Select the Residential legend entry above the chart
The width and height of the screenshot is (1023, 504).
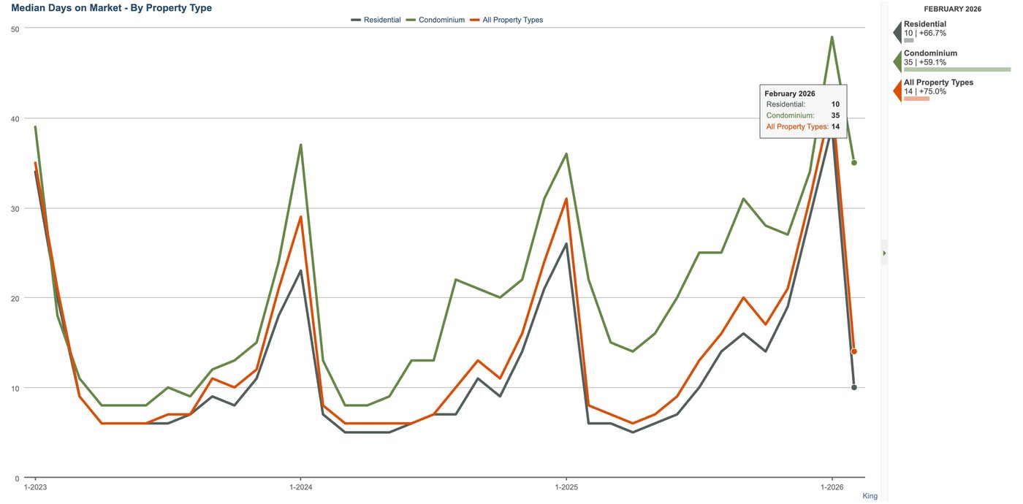click(x=376, y=20)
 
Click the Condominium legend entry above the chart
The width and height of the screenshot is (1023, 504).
click(x=436, y=20)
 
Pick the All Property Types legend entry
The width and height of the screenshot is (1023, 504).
click(x=506, y=20)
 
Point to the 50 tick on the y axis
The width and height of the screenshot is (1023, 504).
click(x=15, y=29)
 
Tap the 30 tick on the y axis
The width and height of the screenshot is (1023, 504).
click(x=15, y=209)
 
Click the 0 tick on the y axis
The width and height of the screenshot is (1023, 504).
click(x=17, y=478)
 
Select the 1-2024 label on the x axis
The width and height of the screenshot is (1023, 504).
click(x=301, y=487)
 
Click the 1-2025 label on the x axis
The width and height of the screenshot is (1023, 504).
click(x=566, y=487)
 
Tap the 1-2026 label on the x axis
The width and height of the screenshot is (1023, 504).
click(x=832, y=487)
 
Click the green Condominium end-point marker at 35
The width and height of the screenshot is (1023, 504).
click(x=854, y=163)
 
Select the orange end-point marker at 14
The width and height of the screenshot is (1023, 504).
click(x=854, y=351)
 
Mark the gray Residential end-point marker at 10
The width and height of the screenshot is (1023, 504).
click(x=854, y=388)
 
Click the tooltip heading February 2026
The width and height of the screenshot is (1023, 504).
click(x=790, y=93)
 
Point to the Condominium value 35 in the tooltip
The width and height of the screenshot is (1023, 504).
click(x=835, y=115)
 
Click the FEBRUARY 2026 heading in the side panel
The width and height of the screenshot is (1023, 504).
click(x=953, y=9)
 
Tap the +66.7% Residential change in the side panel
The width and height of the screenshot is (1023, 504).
click(x=932, y=34)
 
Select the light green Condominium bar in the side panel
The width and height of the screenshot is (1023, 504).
click(x=957, y=69)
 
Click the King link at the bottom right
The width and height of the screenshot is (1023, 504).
click(x=870, y=496)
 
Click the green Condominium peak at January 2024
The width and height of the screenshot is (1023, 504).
click(x=301, y=145)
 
